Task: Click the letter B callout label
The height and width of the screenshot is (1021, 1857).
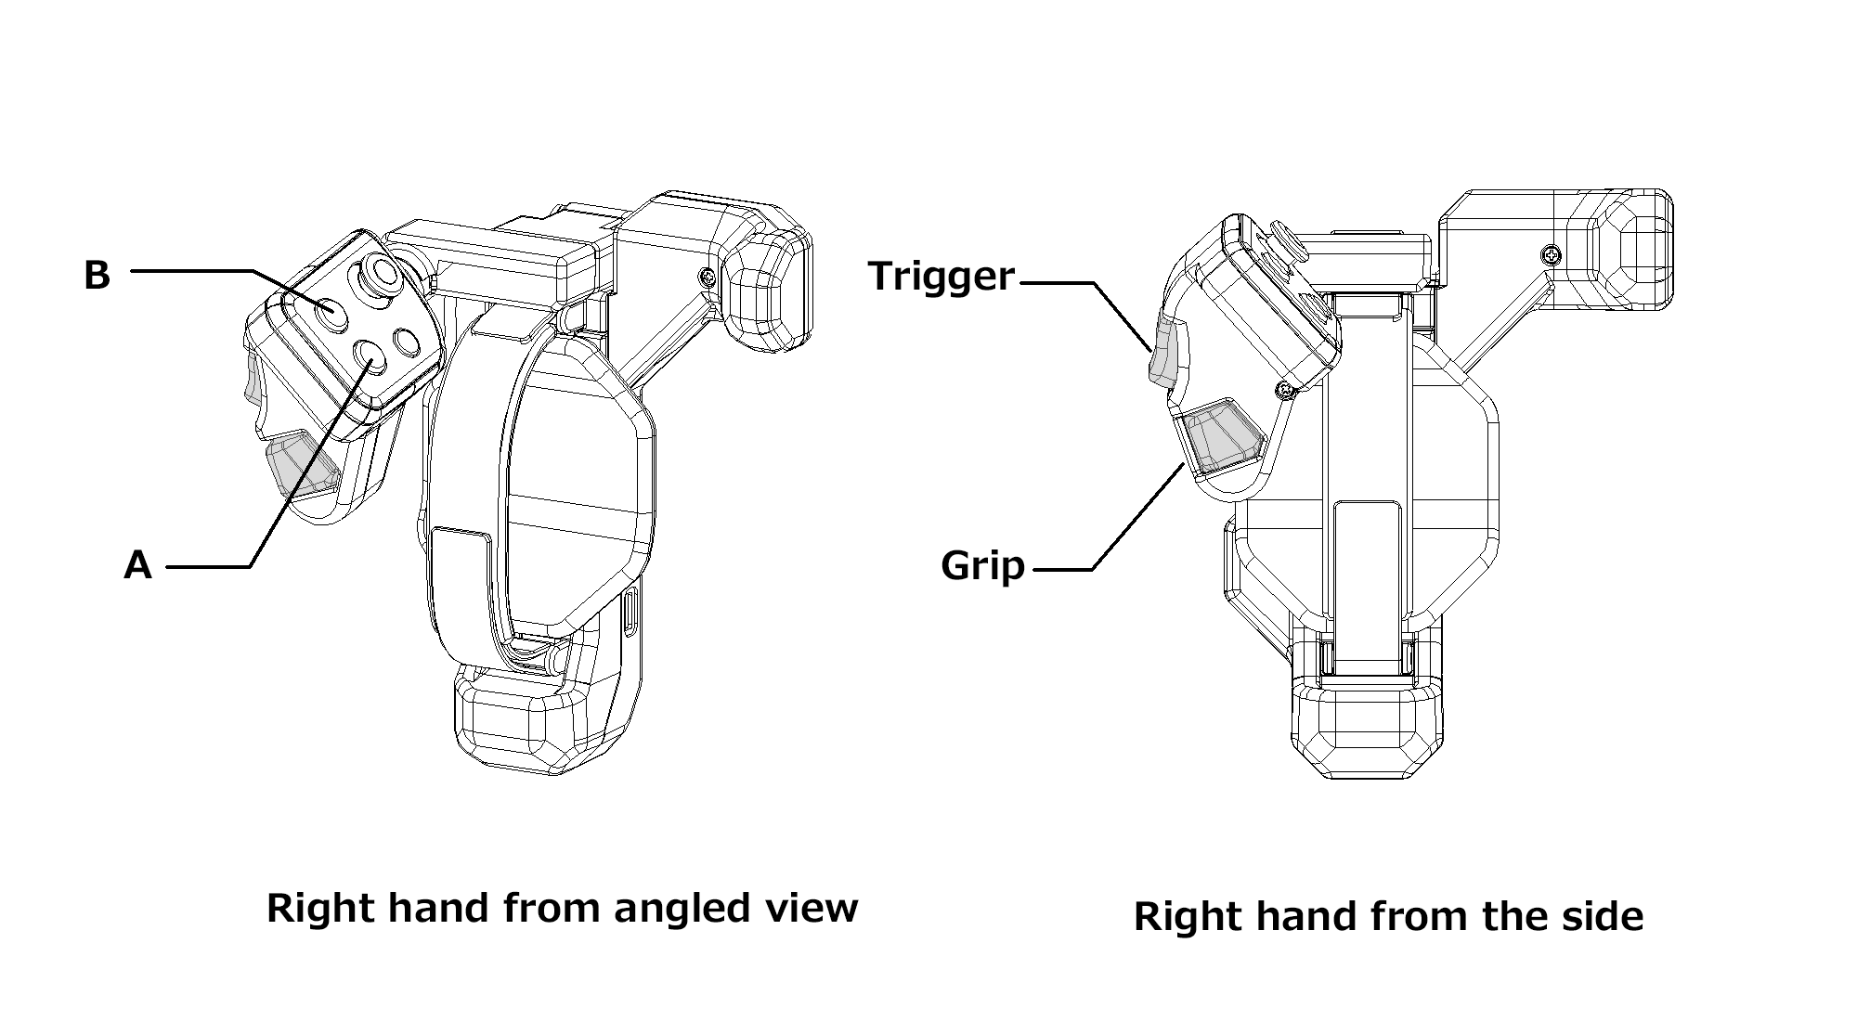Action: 97,275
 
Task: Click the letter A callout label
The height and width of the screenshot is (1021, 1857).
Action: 137,564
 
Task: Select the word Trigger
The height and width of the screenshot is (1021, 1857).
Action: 941,276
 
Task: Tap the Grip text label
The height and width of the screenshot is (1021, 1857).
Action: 982,565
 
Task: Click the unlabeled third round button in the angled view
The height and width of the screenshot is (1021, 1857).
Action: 407,342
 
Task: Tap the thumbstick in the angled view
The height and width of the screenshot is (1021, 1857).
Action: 379,276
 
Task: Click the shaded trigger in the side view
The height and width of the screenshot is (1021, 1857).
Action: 1162,353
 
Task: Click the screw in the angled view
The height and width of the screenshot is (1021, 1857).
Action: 708,276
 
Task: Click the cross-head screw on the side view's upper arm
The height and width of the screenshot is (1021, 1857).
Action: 1549,252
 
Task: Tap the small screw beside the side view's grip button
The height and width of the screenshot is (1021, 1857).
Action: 1284,390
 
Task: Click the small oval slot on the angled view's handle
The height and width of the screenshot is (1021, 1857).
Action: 630,613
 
